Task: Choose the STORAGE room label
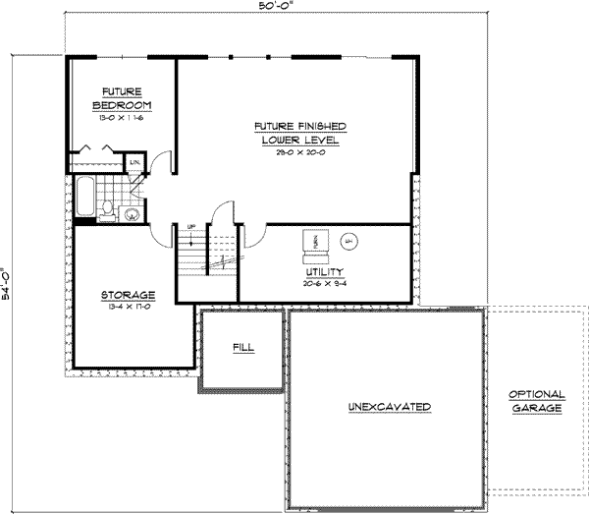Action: [129, 295]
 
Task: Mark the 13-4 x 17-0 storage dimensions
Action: [129, 308]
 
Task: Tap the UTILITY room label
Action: [322, 270]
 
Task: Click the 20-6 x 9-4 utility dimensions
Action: [322, 282]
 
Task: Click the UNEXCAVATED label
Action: [390, 406]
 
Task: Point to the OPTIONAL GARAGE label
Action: [535, 401]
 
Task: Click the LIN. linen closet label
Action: [134, 161]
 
